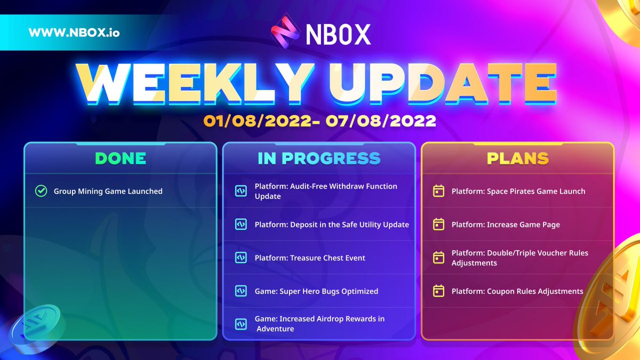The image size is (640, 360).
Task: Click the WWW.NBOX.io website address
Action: (74, 32)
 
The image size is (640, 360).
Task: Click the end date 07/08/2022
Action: (383, 121)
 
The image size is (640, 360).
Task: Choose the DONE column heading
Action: (120, 158)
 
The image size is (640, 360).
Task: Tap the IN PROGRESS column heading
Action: (319, 158)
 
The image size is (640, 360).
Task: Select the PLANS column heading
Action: (517, 158)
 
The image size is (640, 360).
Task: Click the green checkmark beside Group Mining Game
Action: (41, 191)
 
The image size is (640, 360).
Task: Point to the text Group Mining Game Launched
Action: (108, 191)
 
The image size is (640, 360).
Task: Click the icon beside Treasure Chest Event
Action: (241, 258)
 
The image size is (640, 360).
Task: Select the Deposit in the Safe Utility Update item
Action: (332, 225)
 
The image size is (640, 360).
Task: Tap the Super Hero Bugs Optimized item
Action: (316, 291)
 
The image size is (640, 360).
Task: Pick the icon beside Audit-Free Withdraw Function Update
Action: (241, 191)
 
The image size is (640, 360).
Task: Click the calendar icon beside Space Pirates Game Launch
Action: (438, 191)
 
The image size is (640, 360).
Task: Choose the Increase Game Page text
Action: (506, 225)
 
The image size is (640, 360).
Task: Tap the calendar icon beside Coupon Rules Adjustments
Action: (438, 291)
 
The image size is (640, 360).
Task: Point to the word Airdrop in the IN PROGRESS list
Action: (330, 319)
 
